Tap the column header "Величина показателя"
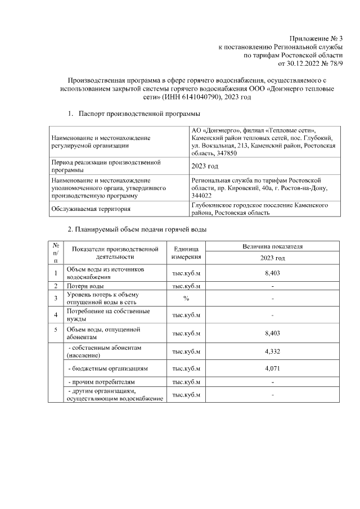(272, 246)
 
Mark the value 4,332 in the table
(272, 352)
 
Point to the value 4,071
(272, 368)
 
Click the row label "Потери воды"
(85, 286)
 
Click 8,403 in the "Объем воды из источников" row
(272, 273)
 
